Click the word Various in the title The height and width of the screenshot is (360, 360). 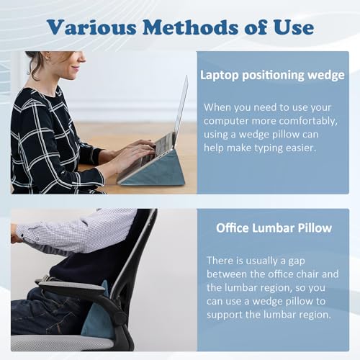(x=91, y=27)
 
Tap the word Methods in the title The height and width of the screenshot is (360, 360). (x=191, y=27)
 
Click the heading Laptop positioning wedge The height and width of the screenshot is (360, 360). (x=272, y=76)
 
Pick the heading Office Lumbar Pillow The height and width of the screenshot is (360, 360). (x=274, y=228)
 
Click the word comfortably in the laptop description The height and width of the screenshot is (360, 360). (x=308, y=122)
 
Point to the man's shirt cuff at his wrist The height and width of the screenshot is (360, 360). (x=24, y=233)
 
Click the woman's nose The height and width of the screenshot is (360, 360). (x=82, y=57)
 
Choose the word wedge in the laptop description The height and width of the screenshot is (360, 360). (x=253, y=135)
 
